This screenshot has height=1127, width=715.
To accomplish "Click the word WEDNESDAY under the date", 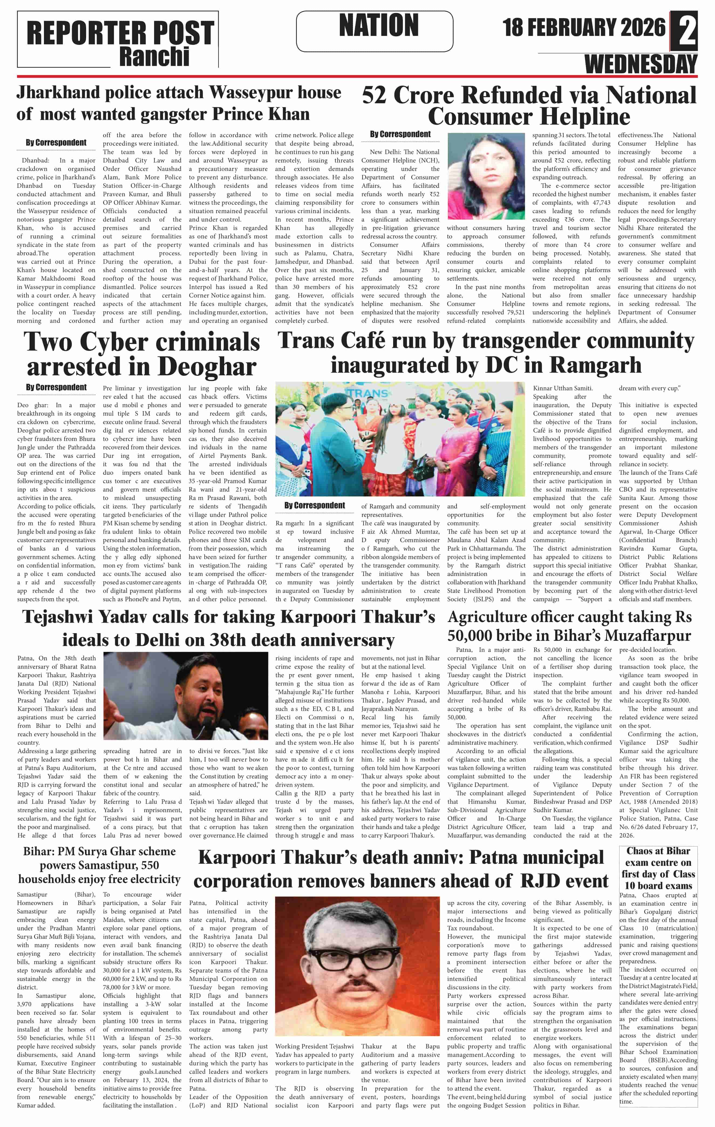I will (x=640, y=64).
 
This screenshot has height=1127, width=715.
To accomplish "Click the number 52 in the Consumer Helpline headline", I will (x=374, y=96).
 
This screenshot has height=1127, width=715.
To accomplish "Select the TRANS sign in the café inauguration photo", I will (x=367, y=393).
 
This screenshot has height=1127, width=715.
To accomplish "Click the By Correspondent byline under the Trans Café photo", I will (x=314, y=505).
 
